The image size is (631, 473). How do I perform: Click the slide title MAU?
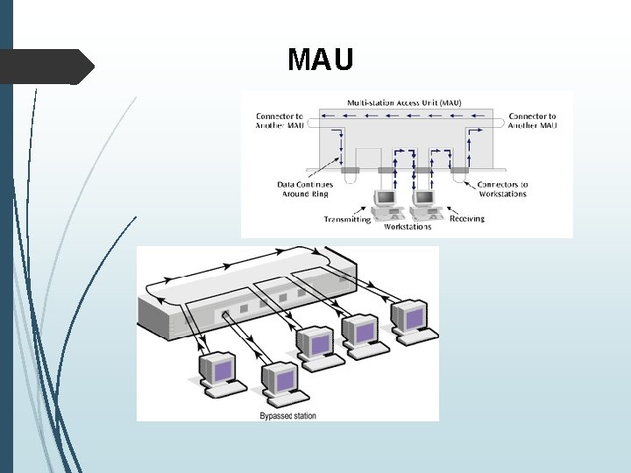[x=321, y=60]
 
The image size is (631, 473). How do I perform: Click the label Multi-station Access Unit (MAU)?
[x=404, y=102]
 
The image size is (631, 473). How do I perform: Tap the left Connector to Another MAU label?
[x=280, y=121]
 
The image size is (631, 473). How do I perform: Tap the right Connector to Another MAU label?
[x=533, y=121]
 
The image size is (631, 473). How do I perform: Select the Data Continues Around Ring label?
[x=305, y=189]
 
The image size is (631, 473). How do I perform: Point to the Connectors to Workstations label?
[x=502, y=189]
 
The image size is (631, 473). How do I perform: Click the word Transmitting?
[x=347, y=219]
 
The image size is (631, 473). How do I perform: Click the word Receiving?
[x=466, y=218]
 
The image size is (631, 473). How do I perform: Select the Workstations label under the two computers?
[x=408, y=227]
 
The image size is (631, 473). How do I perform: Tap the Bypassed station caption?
[x=288, y=415]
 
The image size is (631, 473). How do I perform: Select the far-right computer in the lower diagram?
[x=412, y=320]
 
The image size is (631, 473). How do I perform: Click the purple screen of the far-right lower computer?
[x=413, y=314]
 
